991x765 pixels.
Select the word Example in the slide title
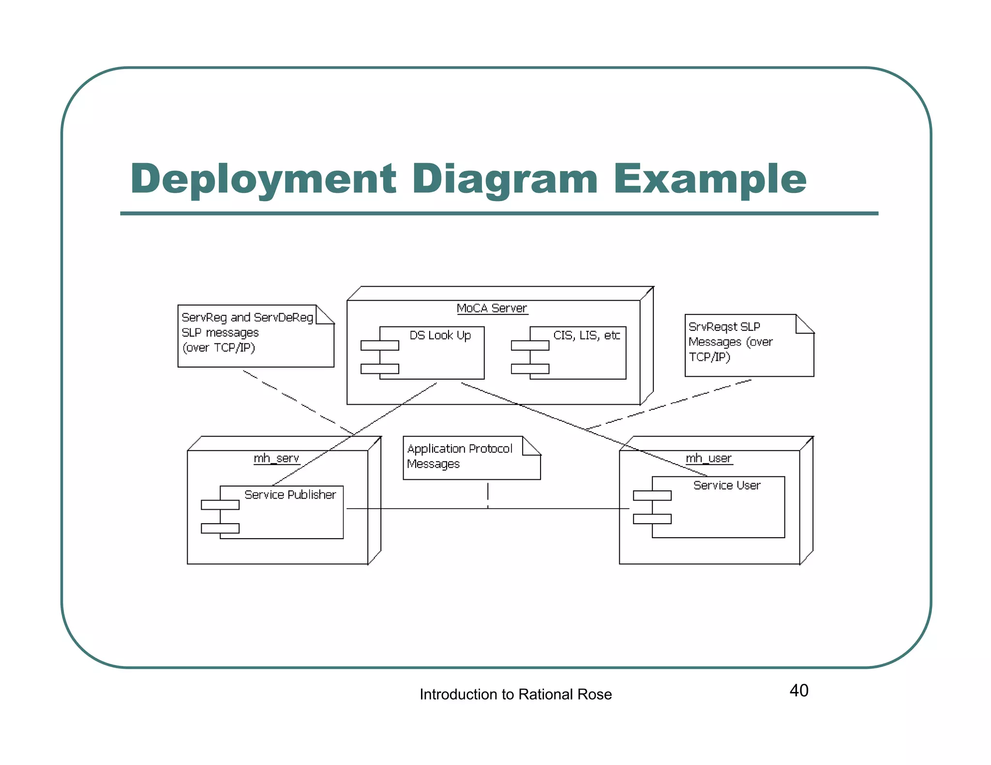710,179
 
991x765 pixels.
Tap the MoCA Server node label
492,309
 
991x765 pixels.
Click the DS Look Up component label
440,335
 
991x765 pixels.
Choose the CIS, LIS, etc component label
586,335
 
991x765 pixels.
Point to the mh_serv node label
276,458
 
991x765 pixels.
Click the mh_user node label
709,458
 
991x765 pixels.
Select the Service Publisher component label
290,495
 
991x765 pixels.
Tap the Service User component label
727,485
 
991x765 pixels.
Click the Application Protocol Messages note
460,456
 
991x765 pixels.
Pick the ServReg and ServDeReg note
247,333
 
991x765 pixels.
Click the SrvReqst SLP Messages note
731,342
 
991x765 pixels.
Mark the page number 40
799,691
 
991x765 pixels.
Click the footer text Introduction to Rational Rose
515,694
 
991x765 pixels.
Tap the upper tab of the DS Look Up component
380,345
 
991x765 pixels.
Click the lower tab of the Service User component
652,519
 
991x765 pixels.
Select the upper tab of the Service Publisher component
220,505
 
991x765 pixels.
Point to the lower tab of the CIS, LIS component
530,369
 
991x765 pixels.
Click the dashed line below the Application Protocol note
488,493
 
